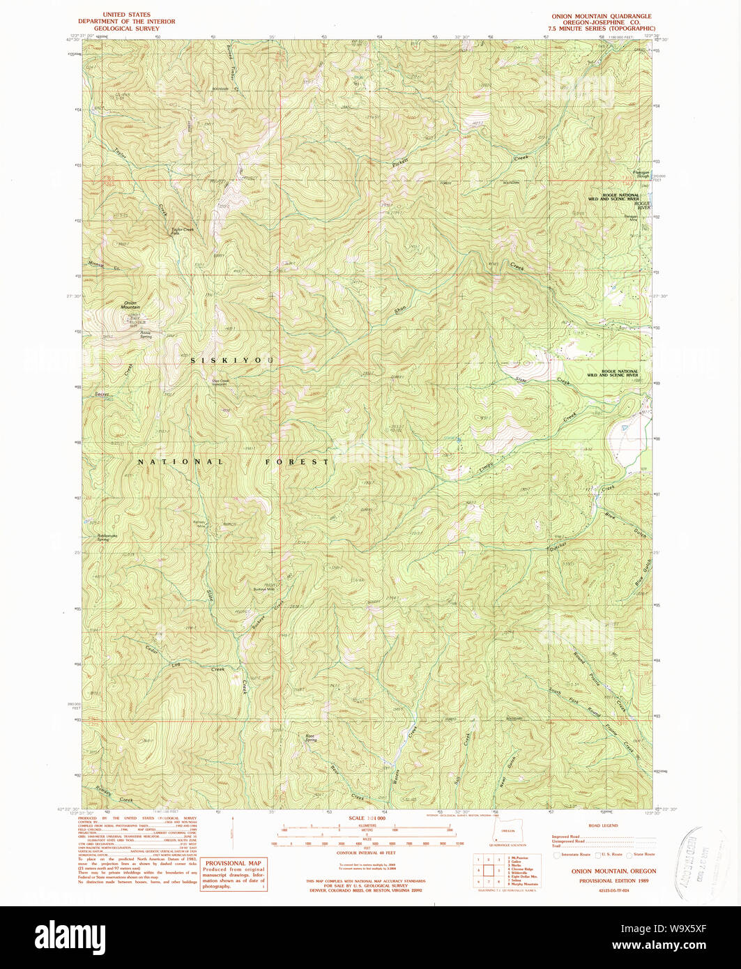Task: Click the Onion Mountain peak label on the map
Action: click(130, 305)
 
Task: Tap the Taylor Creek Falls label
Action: click(183, 231)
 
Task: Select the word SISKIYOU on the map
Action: click(234, 360)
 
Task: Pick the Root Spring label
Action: click(311, 738)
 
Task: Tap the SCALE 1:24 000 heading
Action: click(367, 818)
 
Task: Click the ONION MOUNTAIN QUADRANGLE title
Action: click(600, 15)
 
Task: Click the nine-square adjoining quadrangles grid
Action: click(492, 871)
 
